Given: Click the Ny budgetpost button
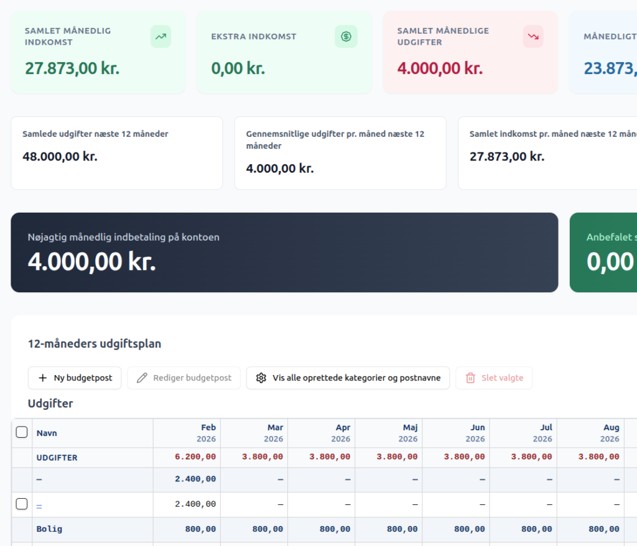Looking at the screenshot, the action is pos(75,378).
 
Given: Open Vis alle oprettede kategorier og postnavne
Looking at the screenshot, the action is pos(348,378).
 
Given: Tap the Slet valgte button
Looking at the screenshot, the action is pos(494,378).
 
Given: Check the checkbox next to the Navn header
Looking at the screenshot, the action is pos(22,432).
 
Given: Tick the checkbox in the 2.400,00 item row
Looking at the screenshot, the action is pos(22,504).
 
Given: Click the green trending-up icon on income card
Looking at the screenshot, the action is pos(161,37).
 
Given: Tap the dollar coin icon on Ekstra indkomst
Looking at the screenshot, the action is pos(346,37).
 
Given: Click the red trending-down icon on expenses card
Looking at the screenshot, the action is pos(533,37).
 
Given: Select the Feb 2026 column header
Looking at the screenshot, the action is pos(207,433).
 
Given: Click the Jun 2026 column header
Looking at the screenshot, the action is pos(475,433).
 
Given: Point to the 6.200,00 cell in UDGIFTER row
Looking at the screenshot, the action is pos(195,457).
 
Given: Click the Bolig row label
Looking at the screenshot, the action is pos(49,529).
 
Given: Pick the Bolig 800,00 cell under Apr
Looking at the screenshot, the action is pos(335,529).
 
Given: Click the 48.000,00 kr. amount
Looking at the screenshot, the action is pos(60,157).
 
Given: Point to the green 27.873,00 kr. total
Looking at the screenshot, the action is pos(72,68).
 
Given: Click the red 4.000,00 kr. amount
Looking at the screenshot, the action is pos(440,68).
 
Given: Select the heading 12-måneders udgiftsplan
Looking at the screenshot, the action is pos(95,344).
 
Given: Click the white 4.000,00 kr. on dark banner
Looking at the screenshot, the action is pos(92,261).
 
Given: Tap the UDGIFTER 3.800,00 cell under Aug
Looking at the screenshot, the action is pos(599,457).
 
